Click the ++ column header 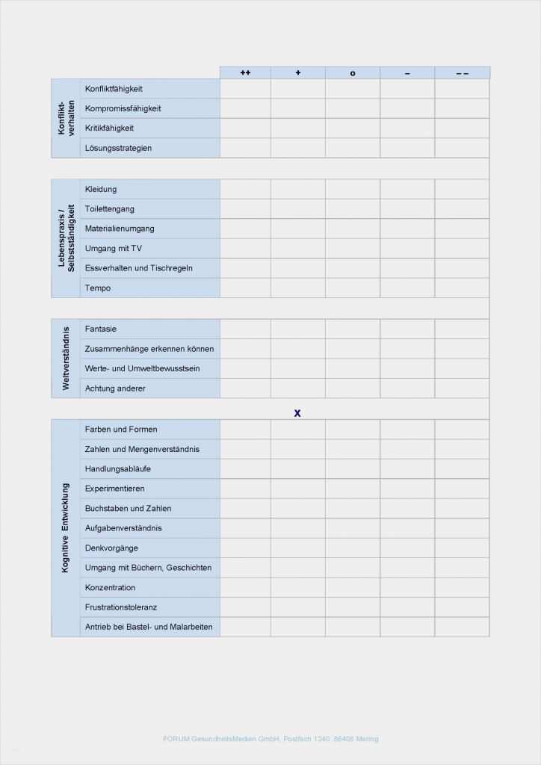245,72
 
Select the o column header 353,72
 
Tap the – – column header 462,72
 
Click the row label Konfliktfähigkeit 114,89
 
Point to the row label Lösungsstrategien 118,148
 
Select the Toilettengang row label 110,208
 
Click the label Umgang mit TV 113,248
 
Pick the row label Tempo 98,288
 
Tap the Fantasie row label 101,329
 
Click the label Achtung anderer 115,388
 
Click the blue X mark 297,412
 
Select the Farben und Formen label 121,430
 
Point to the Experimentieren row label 115,489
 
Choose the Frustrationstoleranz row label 121,607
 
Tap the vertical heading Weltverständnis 66,358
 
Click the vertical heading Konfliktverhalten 66,118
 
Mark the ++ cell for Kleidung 245,189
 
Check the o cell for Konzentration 353,588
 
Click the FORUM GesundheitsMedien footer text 270,739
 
